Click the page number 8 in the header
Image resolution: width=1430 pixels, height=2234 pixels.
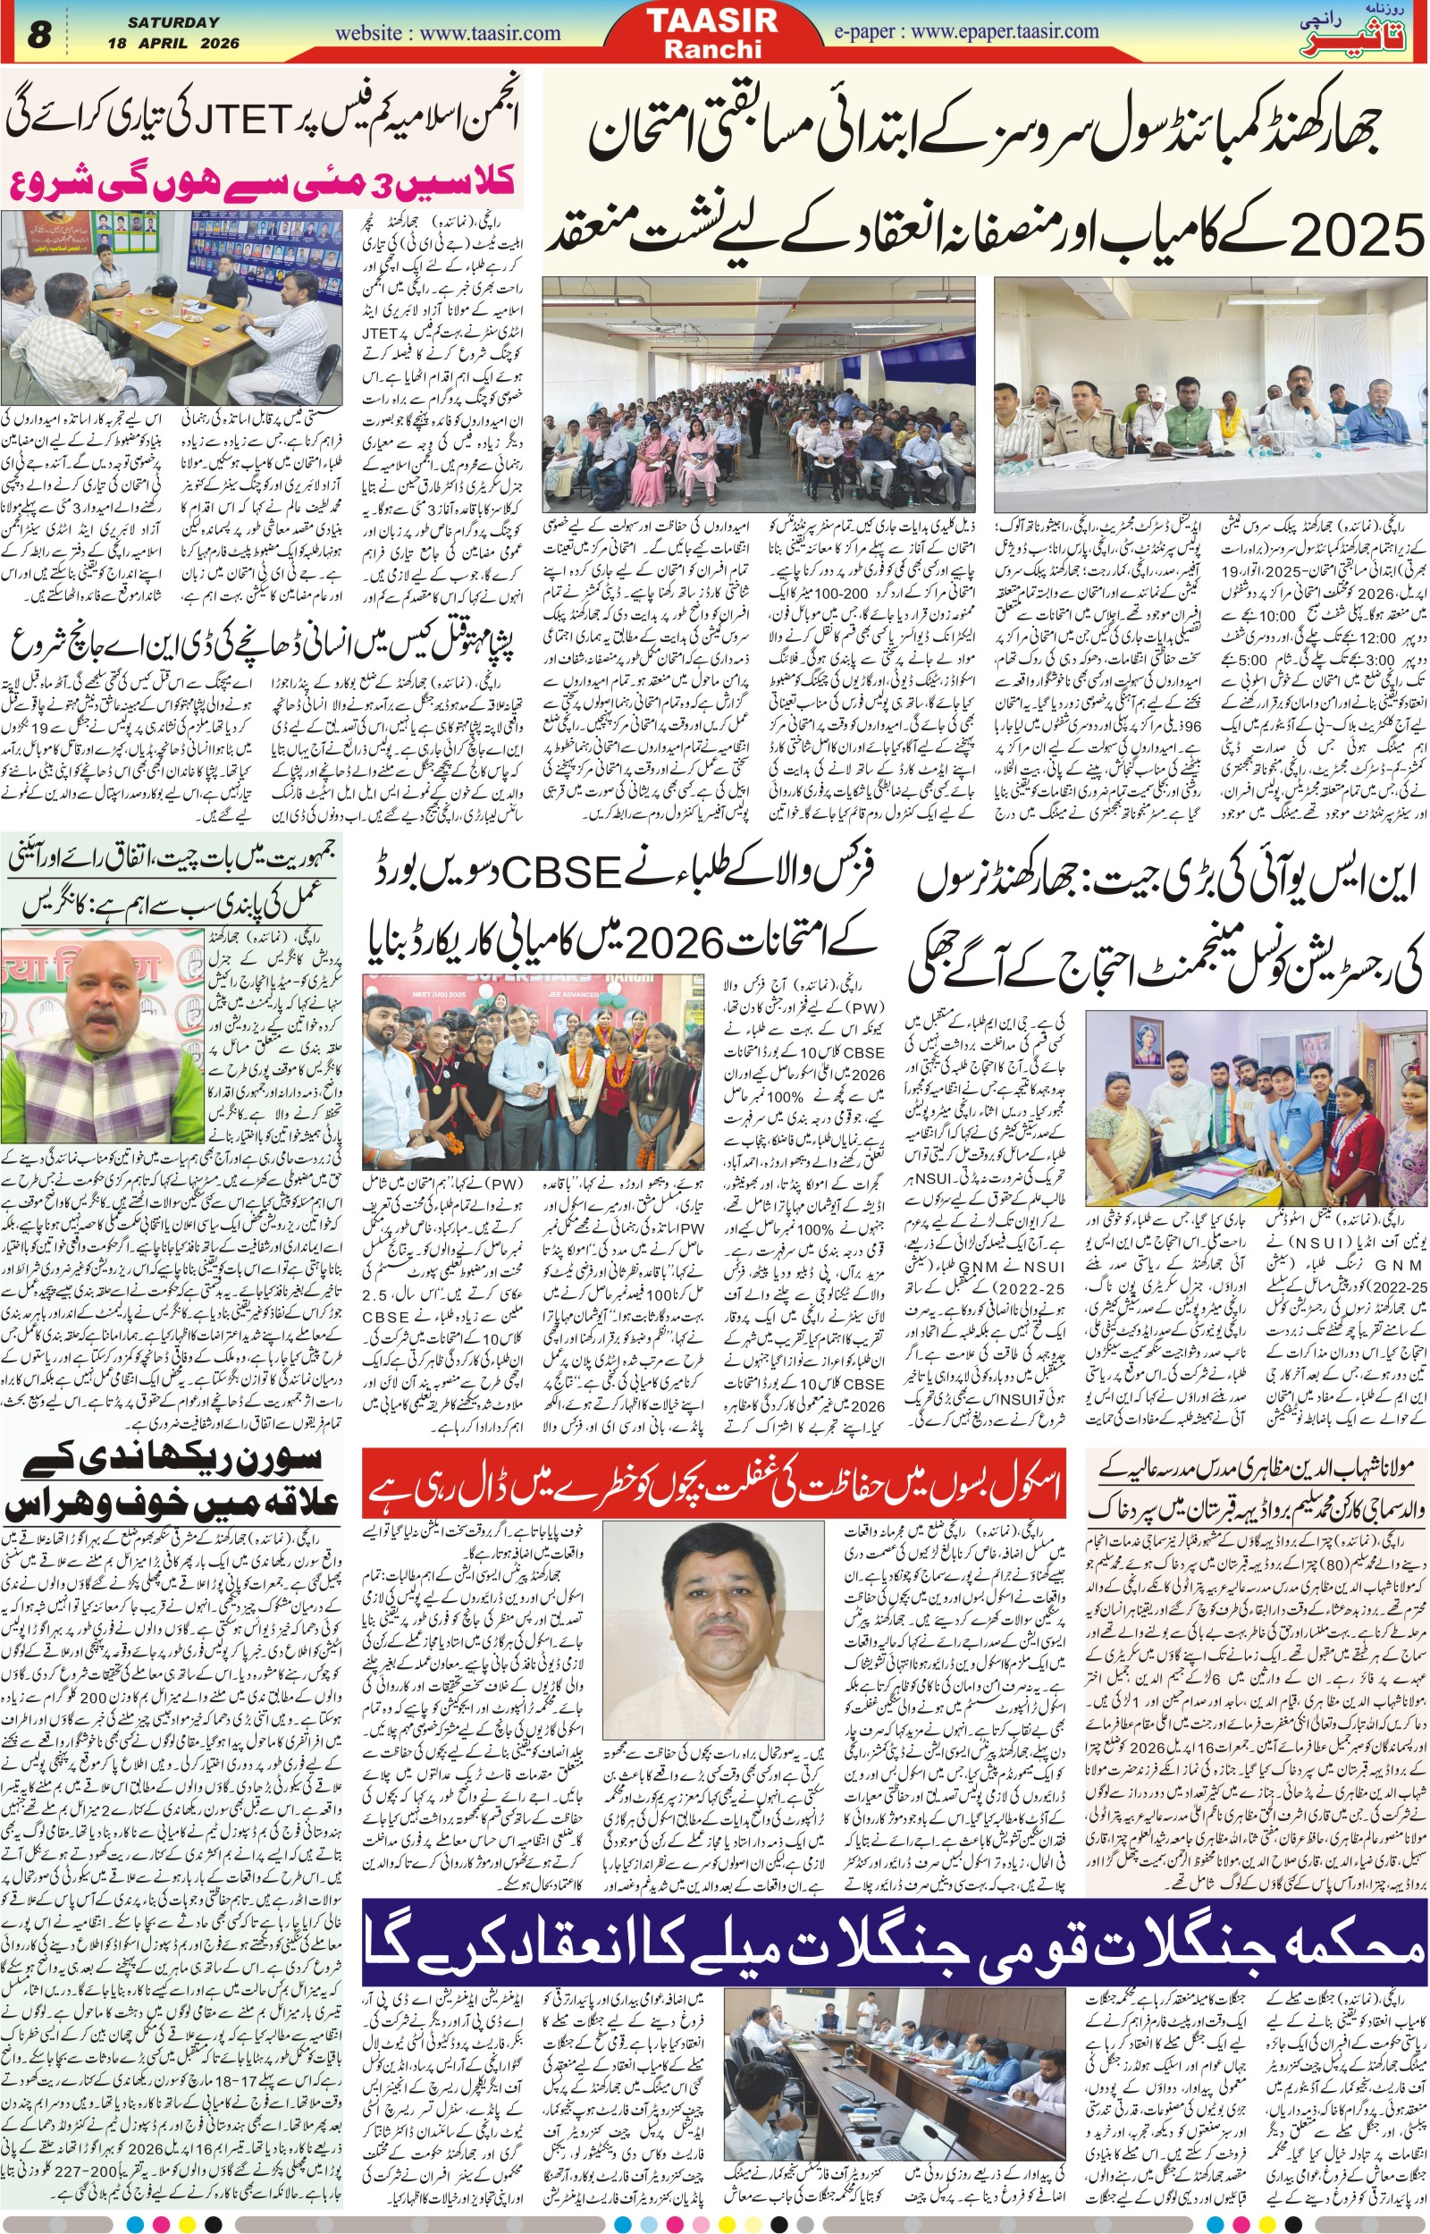[x=38, y=35]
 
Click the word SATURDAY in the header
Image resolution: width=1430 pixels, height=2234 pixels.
[x=173, y=22]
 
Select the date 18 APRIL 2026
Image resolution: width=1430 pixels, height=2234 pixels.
[x=173, y=44]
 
